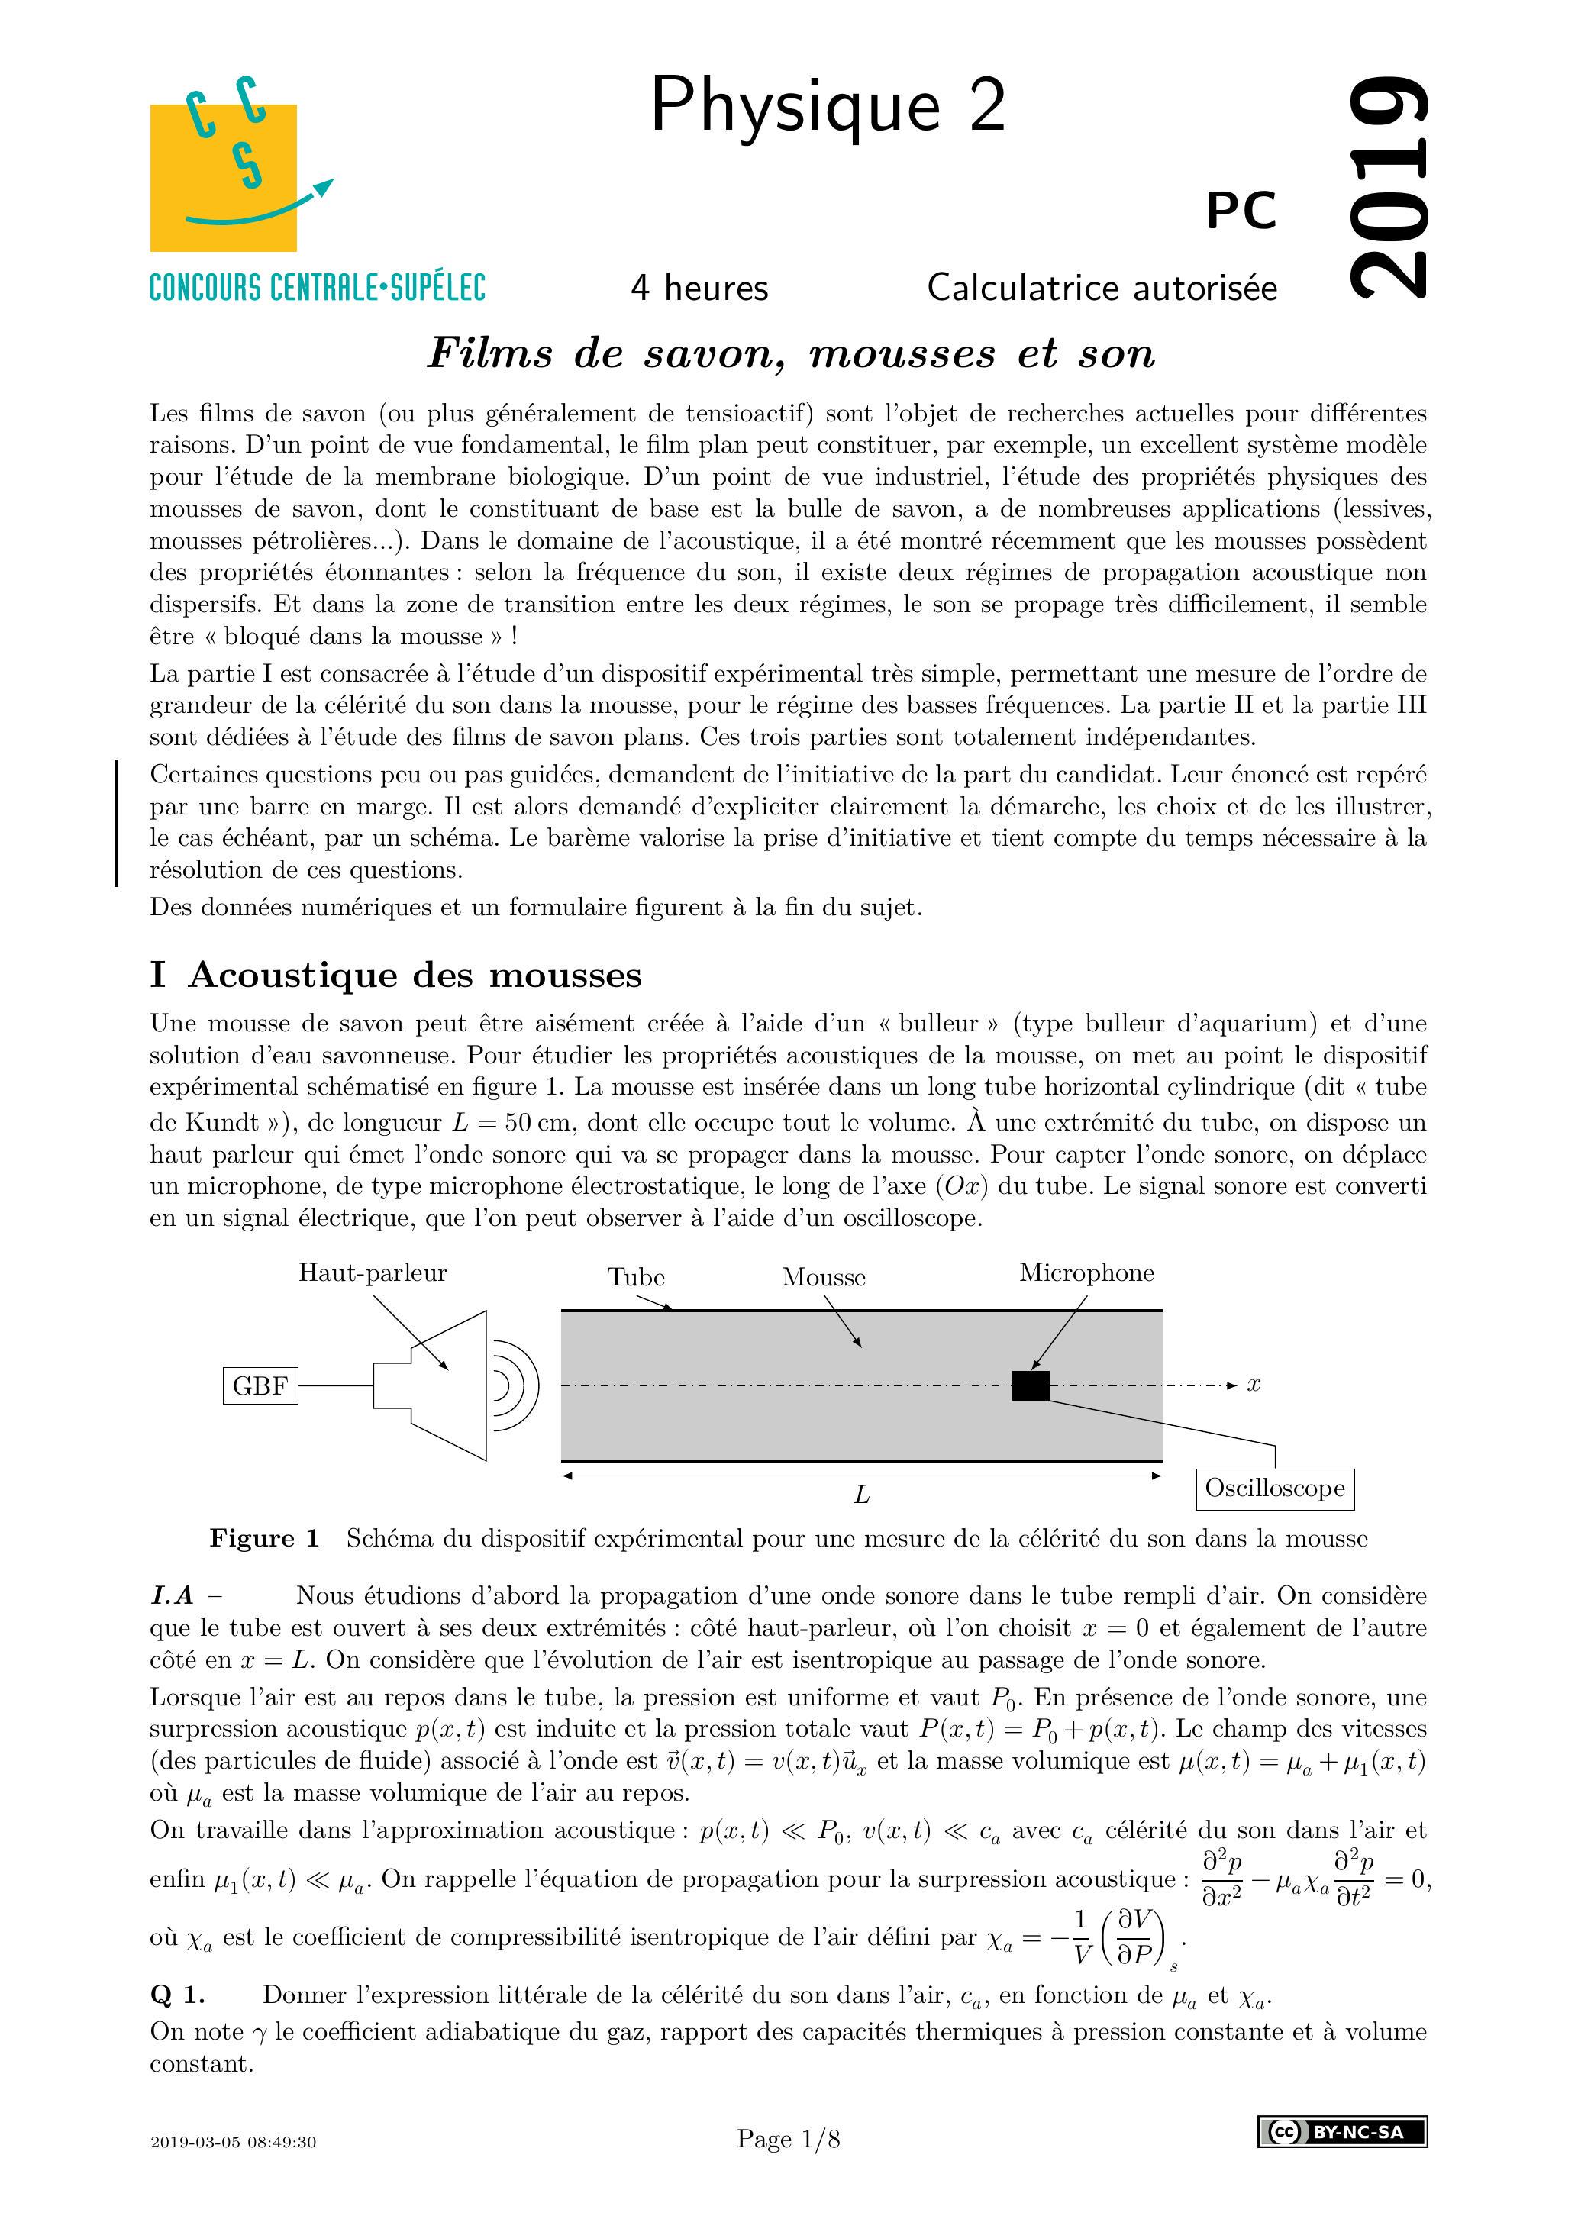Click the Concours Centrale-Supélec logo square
point(224,177)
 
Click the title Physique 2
point(828,105)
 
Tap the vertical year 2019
point(1390,187)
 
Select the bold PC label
point(1241,210)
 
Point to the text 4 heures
point(699,288)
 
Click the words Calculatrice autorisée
point(1102,288)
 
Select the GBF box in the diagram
point(260,1385)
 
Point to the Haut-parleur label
point(373,1273)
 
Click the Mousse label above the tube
point(824,1277)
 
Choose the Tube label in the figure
point(636,1277)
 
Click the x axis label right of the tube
point(1254,1384)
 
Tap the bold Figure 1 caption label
point(264,1539)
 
